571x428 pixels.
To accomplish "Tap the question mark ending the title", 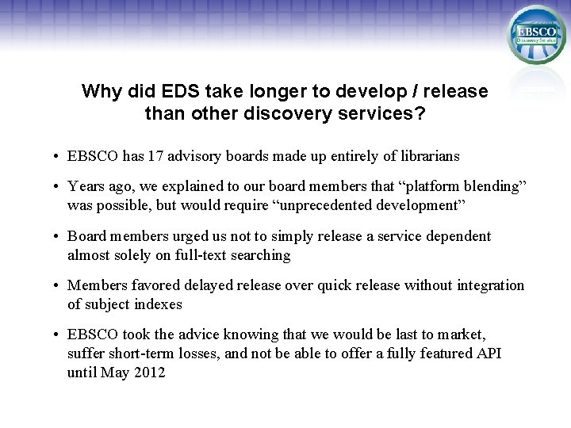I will [420, 113].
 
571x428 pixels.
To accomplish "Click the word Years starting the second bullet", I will [86, 186].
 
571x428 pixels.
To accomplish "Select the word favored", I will [155, 285].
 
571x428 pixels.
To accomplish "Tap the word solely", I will [137, 255].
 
